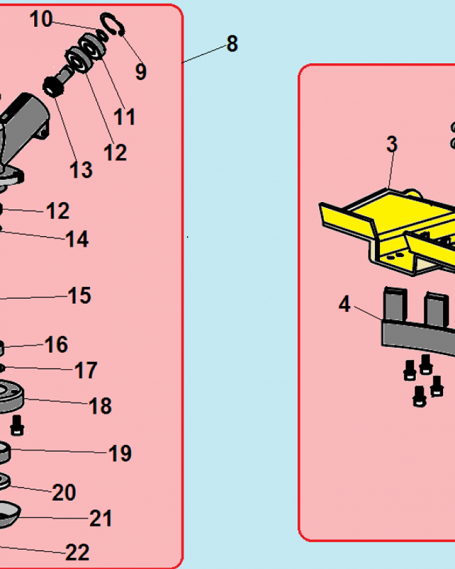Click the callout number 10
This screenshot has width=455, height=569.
tap(42, 19)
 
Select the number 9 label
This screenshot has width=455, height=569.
tap(141, 72)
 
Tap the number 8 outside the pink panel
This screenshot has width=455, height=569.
tap(232, 44)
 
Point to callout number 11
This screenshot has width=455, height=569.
tap(124, 117)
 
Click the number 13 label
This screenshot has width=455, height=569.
tap(81, 170)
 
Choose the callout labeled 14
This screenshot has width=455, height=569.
tap(77, 239)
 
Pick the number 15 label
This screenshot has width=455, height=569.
tap(79, 295)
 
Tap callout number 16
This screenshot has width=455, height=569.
tap(56, 344)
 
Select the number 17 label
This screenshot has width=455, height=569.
tap(86, 370)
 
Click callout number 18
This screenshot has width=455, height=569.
tap(100, 405)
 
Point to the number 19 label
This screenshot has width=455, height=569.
tap(120, 453)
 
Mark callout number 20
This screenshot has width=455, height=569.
tap(64, 492)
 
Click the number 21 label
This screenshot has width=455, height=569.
tap(101, 518)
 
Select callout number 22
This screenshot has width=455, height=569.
tap(78, 552)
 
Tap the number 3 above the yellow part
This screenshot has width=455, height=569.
tap(392, 144)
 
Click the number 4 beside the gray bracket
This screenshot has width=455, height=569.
tap(344, 304)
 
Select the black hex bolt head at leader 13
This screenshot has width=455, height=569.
tap(53, 87)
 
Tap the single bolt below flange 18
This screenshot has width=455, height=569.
tap(18, 425)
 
